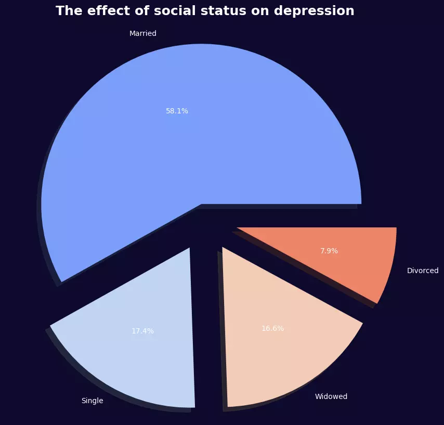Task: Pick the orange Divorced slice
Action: click(354, 260)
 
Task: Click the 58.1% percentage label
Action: click(177, 111)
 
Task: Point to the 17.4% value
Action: click(142, 331)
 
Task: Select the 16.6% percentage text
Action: click(272, 328)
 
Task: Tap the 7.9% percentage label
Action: click(329, 251)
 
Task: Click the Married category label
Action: click(143, 33)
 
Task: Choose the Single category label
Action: click(92, 401)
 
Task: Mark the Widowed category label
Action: click(331, 396)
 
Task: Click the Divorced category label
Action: click(423, 271)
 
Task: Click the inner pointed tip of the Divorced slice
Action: click(238, 228)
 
